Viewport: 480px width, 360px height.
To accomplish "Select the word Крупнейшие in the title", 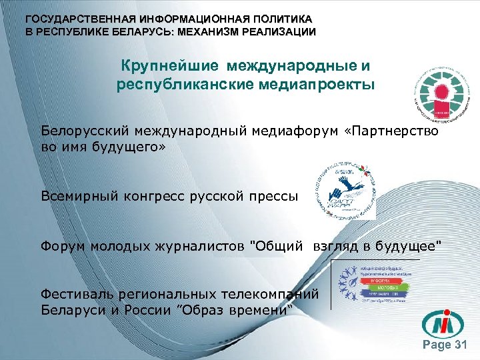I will click(170, 67).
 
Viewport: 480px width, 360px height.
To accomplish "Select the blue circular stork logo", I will click(345, 188).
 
